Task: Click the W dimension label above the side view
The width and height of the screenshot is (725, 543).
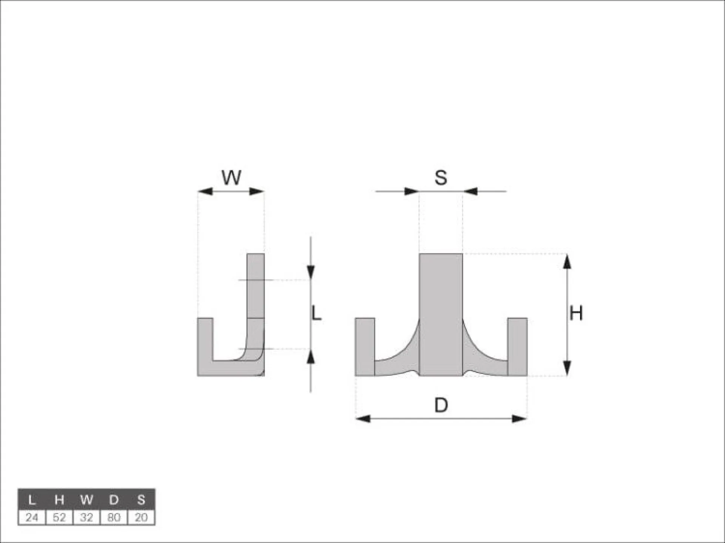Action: (x=231, y=177)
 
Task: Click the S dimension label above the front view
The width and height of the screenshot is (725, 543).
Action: (x=441, y=177)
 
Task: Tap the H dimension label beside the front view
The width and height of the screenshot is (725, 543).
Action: (x=576, y=313)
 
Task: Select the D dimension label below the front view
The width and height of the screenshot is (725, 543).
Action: (x=441, y=405)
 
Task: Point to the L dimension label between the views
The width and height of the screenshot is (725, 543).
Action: (x=316, y=313)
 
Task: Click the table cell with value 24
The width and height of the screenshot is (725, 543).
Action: (x=32, y=517)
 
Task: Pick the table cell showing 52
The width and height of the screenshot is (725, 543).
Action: (x=59, y=517)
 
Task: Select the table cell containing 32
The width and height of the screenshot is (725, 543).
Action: (x=86, y=517)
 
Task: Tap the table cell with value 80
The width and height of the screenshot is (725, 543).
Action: (x=114, y=517)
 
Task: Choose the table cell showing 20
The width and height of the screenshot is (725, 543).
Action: (x=141, y=517)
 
